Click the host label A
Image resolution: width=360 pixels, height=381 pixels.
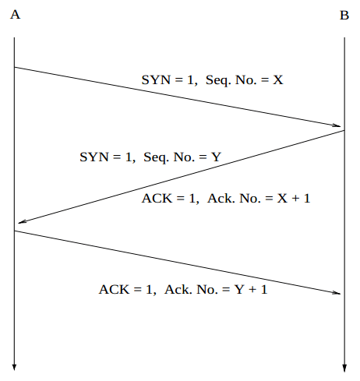click(x=15, y=15)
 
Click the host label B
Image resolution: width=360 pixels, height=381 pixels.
click(x=344, y=15)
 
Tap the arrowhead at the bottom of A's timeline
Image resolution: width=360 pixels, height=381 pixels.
click(x=14, y=367)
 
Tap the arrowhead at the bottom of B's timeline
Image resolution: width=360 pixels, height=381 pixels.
click(x=344, y=368)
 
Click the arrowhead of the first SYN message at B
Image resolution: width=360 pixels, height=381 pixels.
click(x=337, y=125)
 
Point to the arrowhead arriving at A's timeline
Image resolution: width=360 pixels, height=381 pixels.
click(x=23, y=221)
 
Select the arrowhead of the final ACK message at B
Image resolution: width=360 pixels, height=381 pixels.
click(x=337, y=293)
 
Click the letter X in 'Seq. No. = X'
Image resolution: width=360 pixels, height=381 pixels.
click(x=278, y=79)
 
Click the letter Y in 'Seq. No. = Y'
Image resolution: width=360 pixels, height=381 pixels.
click(x=216, y=157)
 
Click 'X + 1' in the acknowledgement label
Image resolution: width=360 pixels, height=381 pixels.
click(x=294, y=198)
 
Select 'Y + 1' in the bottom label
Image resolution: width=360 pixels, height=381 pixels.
click(x=251, y=289)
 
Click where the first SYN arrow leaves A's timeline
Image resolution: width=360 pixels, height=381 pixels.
click(x=14, y=67)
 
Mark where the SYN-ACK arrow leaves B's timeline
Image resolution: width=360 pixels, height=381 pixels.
click(x=344, y=130)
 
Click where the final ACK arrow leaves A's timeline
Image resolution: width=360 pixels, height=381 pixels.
click(x=14, y=231)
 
